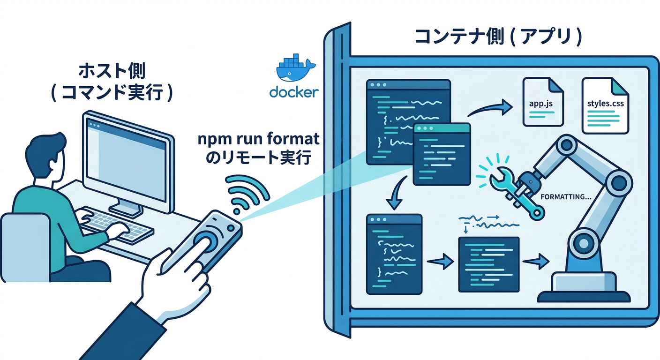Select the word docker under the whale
click(x=294, y=92)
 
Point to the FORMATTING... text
click(x=565, y=197)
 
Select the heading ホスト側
click(x=111, y=71)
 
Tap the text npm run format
click(x=258, y=139)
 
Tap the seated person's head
click(x=45, y=155)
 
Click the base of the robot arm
click(x=584, y=288)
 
